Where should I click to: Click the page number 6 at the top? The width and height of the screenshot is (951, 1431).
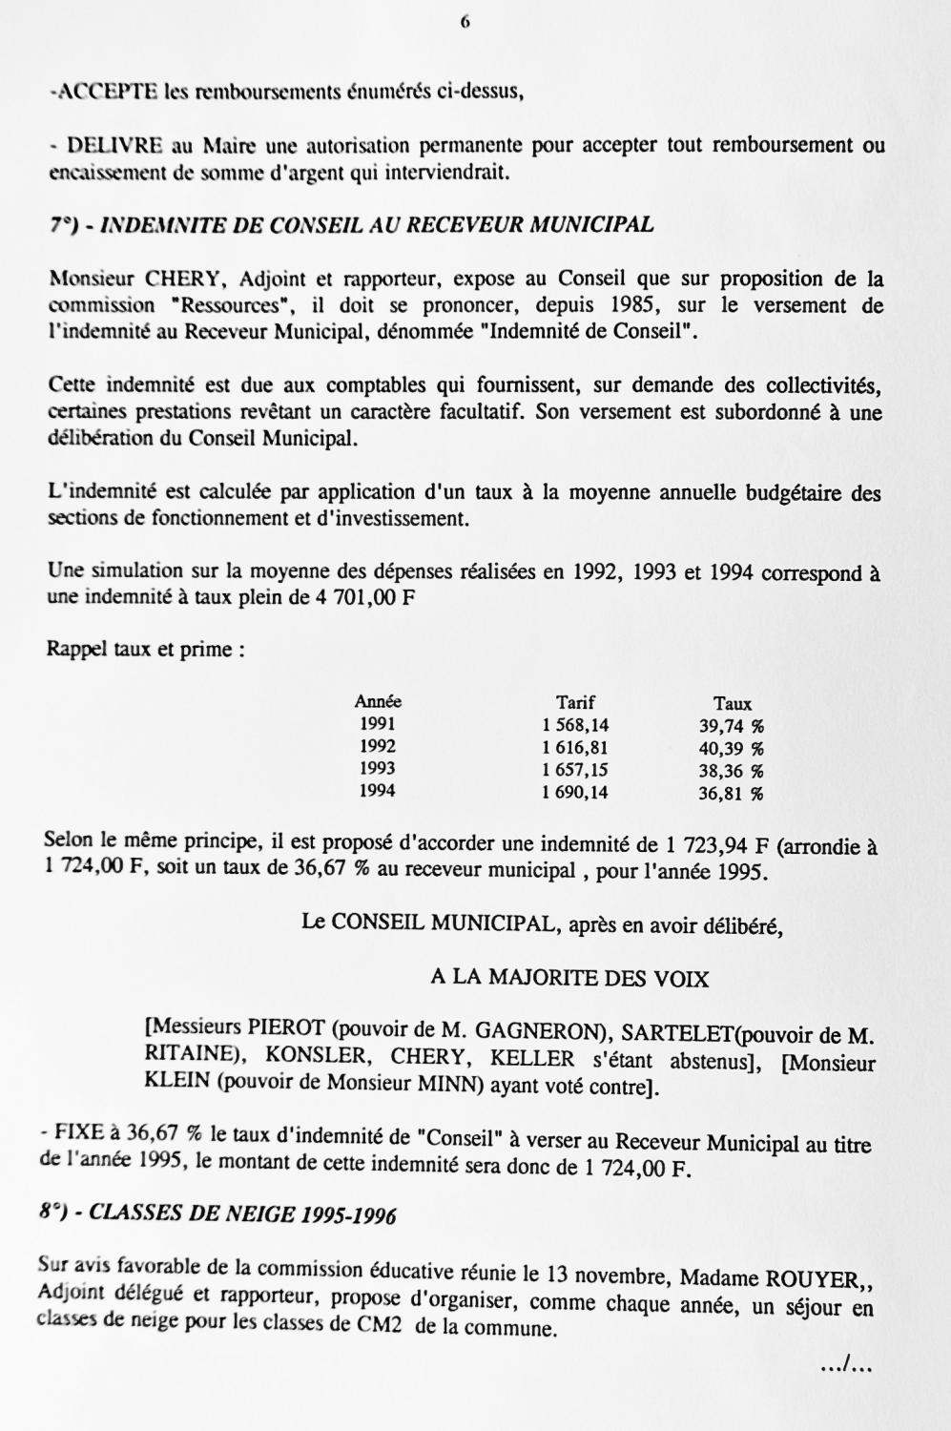(x=465, y=23)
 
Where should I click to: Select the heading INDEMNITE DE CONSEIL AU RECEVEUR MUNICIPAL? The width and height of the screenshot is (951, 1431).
(x=377, y=225)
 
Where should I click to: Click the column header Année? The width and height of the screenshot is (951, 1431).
(x=378, y=701)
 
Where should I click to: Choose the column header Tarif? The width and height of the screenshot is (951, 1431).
(x=575, y=702)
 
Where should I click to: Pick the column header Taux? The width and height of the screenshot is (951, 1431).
(x=733, y=704)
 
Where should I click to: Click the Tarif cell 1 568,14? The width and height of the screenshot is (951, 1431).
(x=575, y=725)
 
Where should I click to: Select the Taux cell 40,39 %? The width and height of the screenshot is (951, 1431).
(x=732, y=749)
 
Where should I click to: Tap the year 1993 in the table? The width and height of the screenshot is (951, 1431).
(x=378, y=769)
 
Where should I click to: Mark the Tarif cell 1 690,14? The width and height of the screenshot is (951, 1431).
(x=575, y=793)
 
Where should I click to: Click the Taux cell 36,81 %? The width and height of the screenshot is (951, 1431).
(x=732, y=794)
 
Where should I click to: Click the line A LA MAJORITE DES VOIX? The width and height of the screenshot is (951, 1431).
(x=570, y=978)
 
